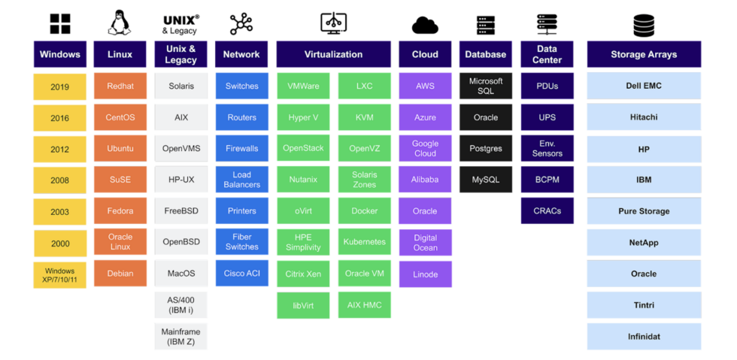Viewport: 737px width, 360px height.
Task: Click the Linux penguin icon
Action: [x=120, y=23]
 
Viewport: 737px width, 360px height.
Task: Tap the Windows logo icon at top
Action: [x=60, y=24]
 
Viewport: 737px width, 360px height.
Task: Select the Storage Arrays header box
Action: [x=643, y=54]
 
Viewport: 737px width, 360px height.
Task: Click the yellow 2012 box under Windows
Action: [x=60, y=149]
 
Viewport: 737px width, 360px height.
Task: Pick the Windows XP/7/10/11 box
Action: [x=60, y=275]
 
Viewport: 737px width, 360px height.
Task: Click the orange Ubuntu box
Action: [x=120, y=148]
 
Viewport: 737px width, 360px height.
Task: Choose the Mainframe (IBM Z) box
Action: [x=180, y=336]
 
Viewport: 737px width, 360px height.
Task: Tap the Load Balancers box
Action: [x=241, y=180]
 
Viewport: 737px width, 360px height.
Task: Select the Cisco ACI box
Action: [x=241, y=274]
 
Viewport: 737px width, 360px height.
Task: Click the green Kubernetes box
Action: [x=364, y=242]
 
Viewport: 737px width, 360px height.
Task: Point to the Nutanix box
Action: [x=303, y=180]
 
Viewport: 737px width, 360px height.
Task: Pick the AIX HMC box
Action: [x=364, y=304]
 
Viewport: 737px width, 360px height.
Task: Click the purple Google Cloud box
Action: [x=425, y=148]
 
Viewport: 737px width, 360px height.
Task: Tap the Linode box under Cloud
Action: [x=425, y=274]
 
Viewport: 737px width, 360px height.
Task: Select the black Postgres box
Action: [x=486, y=148]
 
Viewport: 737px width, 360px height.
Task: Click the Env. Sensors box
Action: [x=547, y=148]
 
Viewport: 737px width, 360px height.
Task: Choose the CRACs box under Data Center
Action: [x=547, y=211]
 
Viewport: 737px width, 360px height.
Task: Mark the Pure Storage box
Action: [x=643, y=211]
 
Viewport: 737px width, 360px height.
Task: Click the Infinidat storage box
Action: [x=643, y=336]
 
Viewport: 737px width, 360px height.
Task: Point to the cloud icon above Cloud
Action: [x=425, y=26]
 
